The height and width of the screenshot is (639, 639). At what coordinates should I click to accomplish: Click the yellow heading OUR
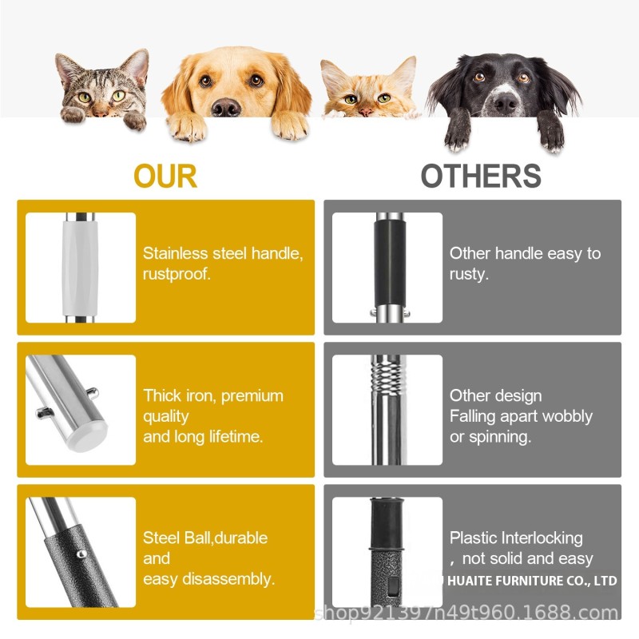pyautogui.click(x=165, y=176)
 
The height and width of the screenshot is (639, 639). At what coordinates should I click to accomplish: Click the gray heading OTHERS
pyautogui.click(x=481, y=176)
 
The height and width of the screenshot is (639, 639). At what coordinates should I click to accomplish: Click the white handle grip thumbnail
pyautogui.click(x=80, y=267)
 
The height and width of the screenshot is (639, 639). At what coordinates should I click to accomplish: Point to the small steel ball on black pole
pyautogui.click(x=81, y=551)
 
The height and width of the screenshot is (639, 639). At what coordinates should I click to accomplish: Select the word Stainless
pyautogui.click(x=173, y=253)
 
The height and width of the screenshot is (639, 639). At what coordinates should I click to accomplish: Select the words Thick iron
pyautogui.click(x=178, y=395)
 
